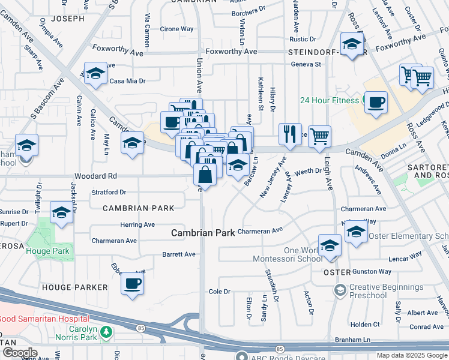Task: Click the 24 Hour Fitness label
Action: [329, 100]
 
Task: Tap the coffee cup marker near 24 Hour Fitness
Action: [376, 102]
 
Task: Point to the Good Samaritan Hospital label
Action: [44, 319]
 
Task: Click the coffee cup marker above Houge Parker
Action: [133, 284]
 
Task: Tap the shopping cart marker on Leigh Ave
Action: [319, 136]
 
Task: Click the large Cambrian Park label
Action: [203, 232]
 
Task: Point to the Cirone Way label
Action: [176, 29]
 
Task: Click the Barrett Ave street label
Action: [179, 254]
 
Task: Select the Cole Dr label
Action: [219, 292]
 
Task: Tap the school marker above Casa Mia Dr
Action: [95, 74]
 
